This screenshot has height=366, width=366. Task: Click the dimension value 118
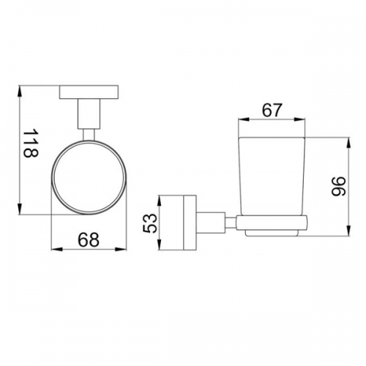tap(31, 143)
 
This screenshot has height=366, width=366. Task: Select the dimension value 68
tap(89, 239)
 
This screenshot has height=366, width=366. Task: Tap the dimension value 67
tap(272, 111)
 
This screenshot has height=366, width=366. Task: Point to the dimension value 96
tap(339, 187)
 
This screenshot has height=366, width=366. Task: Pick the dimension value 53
tap(149, 223)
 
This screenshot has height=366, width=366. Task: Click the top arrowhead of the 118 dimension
tap(20, 91)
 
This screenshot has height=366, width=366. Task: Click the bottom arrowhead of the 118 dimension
tap(20, 209)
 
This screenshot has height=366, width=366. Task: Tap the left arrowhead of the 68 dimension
tap(57, 249)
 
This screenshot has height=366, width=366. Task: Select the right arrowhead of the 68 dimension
tap(122, 249)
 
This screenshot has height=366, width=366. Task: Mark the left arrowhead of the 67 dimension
tap(243, 119)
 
